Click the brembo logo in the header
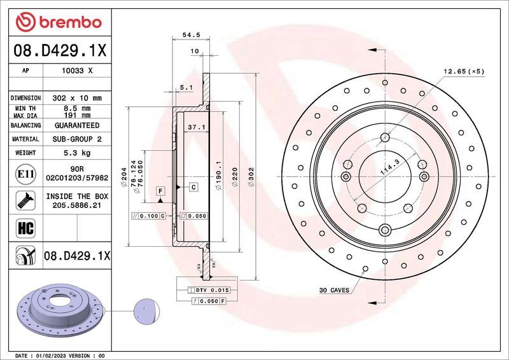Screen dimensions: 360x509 tap(59, 22)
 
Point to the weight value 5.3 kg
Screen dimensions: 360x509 tap(77, 153)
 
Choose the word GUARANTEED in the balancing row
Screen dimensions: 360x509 tap(77, 126)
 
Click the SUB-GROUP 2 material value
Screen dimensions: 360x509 tap(77, 139)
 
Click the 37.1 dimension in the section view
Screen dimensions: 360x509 tap(196, 128)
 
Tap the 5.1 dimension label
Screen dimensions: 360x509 tap(186, 87)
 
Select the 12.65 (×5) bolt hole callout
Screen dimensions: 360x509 tap(463, 71)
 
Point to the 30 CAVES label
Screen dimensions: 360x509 tap(334, 290)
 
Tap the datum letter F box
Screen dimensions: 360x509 tap(160, 190)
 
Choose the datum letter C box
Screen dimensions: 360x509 tap(193, 186)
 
